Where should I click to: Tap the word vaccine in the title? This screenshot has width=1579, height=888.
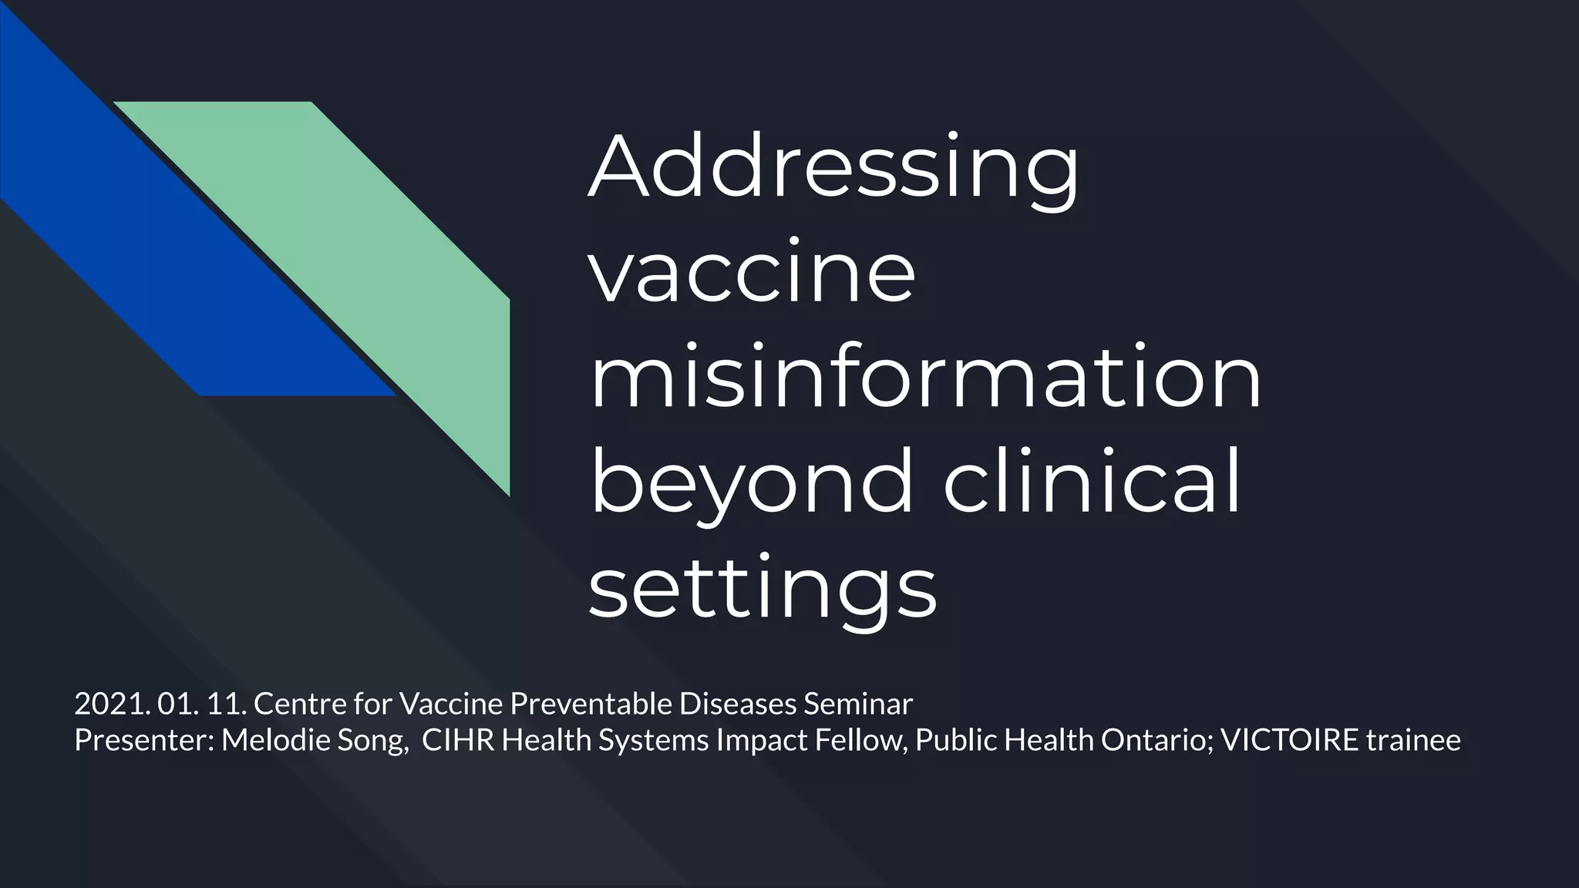click(x=752, y=274)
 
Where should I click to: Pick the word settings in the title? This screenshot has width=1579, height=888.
click(x=762, y=590)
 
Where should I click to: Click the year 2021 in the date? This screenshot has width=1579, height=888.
click(x=111, y=704)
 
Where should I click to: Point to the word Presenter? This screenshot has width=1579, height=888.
click(x=143, y=740)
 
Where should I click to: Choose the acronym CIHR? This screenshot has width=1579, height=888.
click(x=458, y=740)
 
